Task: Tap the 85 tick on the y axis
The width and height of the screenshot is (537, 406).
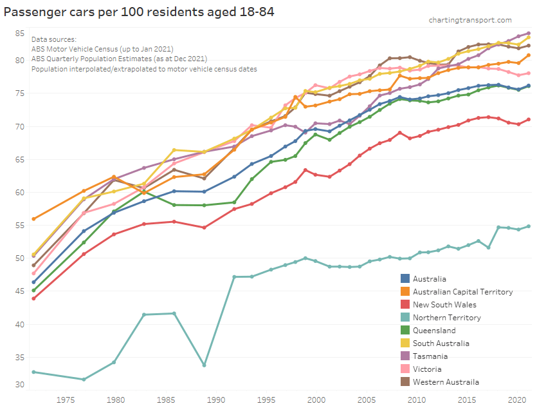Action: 20,33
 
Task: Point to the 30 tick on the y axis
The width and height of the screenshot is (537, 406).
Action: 20,385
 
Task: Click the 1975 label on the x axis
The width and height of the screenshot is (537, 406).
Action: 66,400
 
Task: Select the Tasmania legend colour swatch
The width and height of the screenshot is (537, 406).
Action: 405,356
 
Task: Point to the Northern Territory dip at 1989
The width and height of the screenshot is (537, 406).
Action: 204,365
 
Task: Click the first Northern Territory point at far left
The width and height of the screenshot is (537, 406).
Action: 33,372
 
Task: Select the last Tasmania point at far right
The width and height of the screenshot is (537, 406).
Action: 529,34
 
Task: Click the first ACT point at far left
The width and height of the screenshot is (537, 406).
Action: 33,219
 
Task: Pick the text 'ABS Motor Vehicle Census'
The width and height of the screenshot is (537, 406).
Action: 75,49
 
